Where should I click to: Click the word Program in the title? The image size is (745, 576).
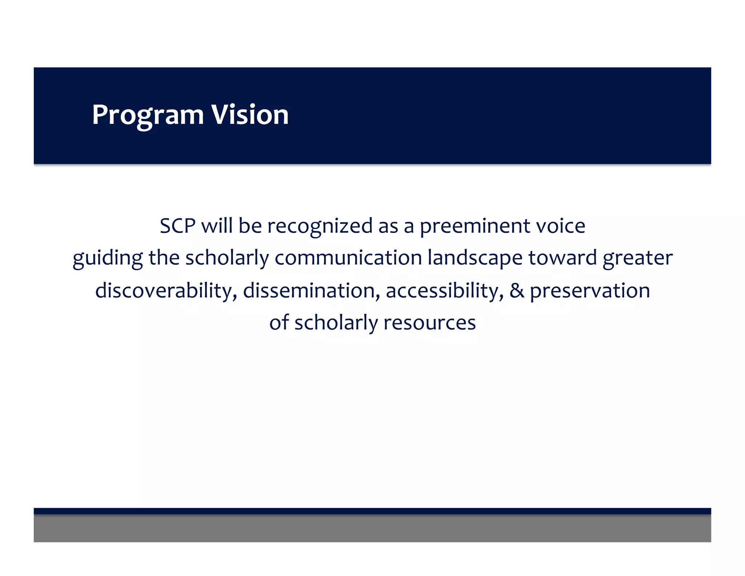coord(148,115)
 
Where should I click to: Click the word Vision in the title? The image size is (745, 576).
coord(250,115)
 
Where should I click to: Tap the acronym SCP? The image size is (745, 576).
coord(178,226)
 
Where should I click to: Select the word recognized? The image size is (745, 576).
coord(320,226)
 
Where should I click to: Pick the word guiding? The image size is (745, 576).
coord(107,259)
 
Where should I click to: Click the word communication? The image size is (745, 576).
coord(348,258)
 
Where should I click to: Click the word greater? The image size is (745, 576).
coord(637,259)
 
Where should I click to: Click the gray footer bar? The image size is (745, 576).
coord(372,528)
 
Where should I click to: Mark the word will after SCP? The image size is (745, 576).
coord(217,226)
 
